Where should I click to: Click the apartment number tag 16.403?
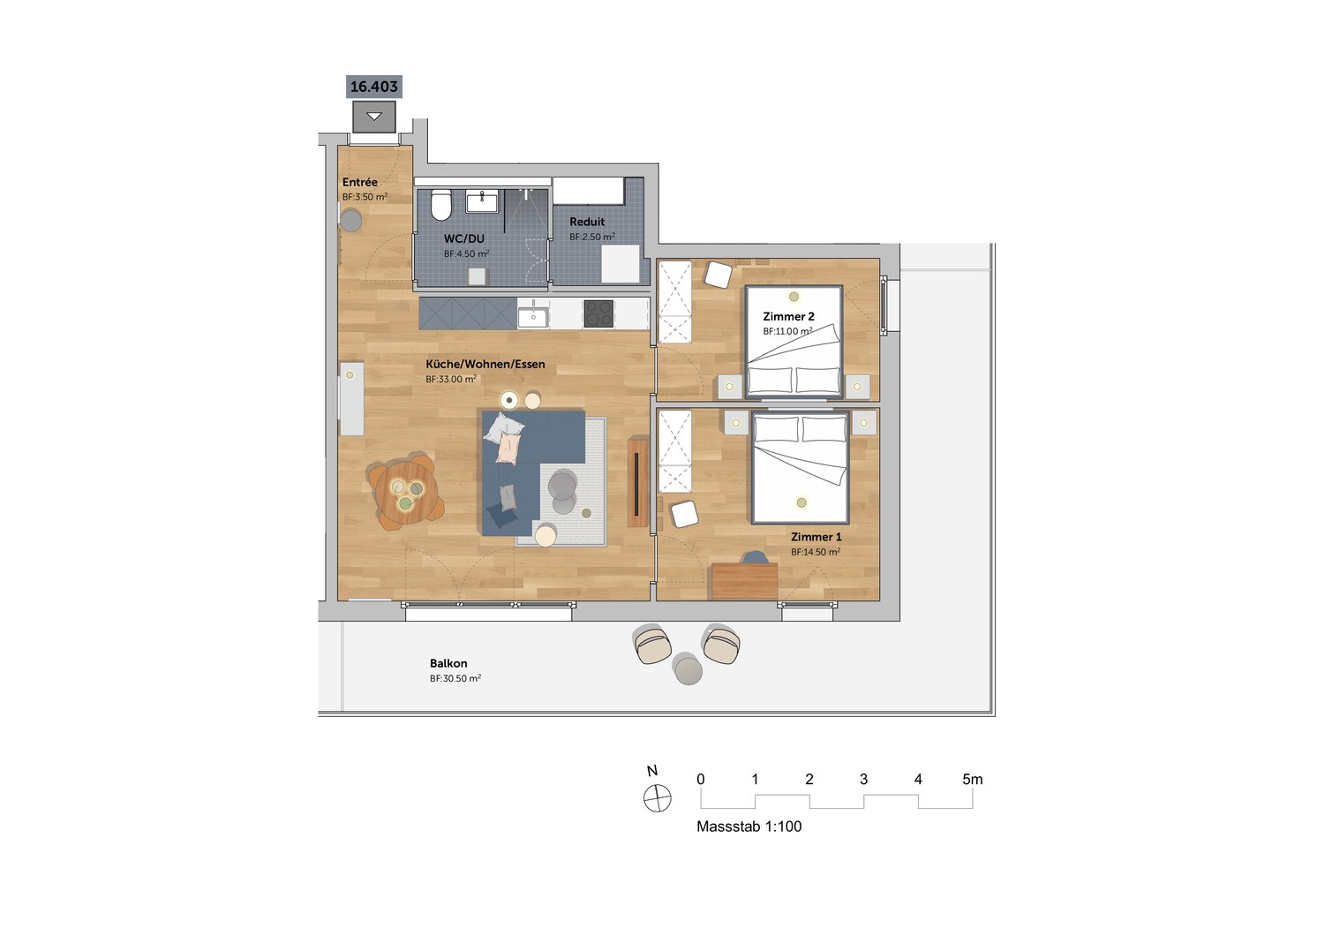tap(374, 87)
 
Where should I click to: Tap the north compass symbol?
tap(657, 798)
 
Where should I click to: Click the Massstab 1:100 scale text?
tap(749, 826)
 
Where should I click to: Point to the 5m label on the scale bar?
tap(973, 780)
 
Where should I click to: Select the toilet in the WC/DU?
tap(441, 205)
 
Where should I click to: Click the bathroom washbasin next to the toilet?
tap(482, 201)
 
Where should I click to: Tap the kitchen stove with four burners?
tap(598, 313)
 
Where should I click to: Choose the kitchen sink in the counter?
tap(533, 313)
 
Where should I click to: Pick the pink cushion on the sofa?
tap(508, 448)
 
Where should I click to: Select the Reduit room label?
tap(587, 222)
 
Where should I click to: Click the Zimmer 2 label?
tap(788, 316)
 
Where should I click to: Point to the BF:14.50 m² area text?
tap(816, 552)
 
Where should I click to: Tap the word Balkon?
tap(448, 663)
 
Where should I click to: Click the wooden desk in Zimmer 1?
tap(745, 581)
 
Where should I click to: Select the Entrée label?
tap(359, 182)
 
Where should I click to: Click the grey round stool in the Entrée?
tap(351, 221)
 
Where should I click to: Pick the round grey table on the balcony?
tap(687, 668)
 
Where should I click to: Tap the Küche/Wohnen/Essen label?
tap(485, 364)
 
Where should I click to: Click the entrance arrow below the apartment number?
tap(374, 117)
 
